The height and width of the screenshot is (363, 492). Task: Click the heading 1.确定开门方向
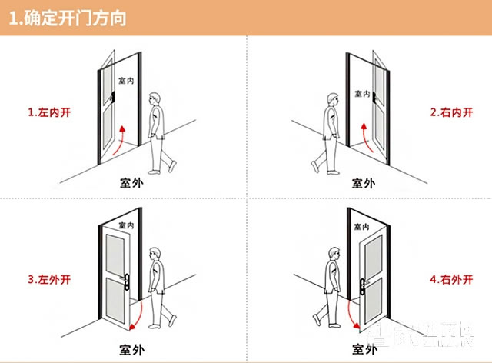[68, 18]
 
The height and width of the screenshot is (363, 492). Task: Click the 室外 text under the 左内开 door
[131, 183]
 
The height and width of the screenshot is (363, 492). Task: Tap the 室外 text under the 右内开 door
[364, 183]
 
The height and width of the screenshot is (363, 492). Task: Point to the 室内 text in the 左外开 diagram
[126, 225]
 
